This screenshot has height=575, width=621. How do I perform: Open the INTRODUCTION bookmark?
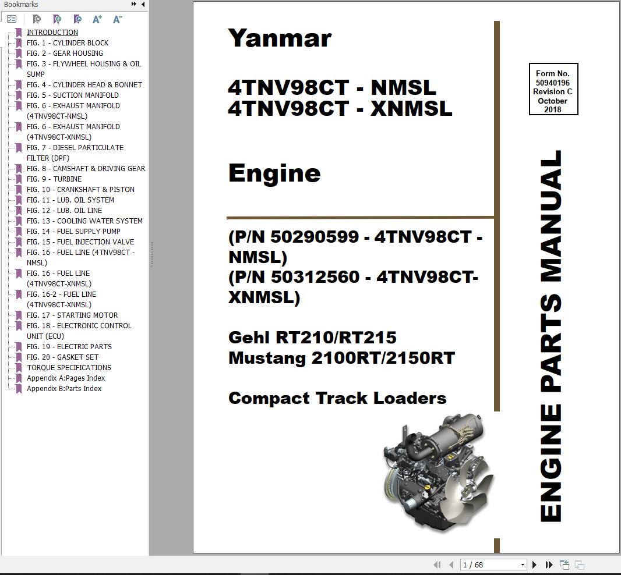[52, 33]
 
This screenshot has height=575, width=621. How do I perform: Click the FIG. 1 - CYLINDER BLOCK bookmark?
[68, 43]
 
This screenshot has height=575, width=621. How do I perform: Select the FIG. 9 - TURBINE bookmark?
[54, 179]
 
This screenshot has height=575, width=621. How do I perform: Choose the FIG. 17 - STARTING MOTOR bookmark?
[72, 315]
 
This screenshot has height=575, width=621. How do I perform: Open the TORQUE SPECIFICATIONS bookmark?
[69, 368]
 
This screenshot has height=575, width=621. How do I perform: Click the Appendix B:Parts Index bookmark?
[64, 389]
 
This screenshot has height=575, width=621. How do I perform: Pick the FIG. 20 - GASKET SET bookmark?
[62, 357]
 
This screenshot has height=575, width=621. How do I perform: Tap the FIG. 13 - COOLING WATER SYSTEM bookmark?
[84, 221]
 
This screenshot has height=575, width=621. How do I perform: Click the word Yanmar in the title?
[280, 38]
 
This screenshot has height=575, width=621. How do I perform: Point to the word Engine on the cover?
[274, 173]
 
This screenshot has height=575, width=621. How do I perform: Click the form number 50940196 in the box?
[553, 83]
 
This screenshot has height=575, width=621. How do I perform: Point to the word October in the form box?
[553, 101]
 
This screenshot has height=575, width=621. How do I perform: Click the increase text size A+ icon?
[97, 19]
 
